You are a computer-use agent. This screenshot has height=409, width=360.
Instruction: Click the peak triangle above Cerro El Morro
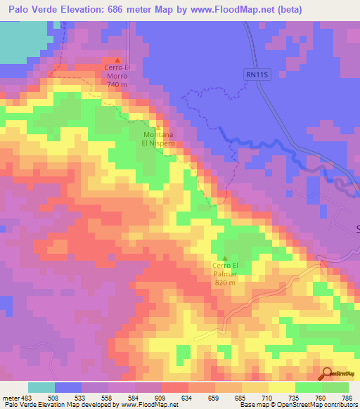(x=117, y=60)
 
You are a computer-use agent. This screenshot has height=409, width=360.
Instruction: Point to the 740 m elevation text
(x=117, y=84)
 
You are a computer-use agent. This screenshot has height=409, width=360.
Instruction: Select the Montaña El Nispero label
(x=160, y=138)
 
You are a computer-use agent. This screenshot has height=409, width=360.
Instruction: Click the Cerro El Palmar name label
(x=226, y=269)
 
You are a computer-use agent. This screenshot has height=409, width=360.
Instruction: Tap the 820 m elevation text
(x=226, y=282)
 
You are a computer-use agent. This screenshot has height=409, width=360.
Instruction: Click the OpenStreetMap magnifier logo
(x=326, y=374)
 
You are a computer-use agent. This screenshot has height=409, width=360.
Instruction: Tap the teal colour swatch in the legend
(x=41, y=387)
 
